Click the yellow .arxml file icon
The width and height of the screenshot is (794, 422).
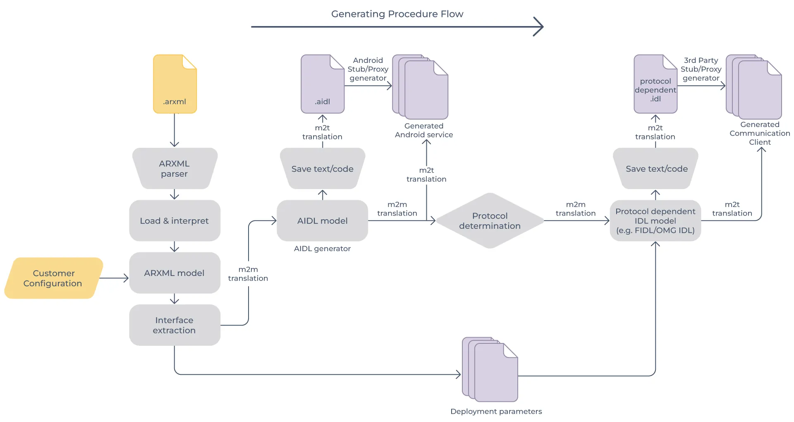[175, 84]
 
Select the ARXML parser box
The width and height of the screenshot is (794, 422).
[175, 168]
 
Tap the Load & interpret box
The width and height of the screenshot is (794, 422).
[175, 221]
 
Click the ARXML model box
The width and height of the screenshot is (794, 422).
[175, 273]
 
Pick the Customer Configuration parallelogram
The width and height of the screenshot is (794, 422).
[53, 278]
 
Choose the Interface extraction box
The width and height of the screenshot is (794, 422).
[175, 325]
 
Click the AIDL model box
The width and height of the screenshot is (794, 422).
[322, 221]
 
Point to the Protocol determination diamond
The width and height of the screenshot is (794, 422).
[490, 221]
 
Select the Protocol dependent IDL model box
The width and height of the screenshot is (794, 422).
[655, 221]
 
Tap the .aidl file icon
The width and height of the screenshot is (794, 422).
[323, 84]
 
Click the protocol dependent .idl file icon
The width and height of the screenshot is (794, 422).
[655, 84]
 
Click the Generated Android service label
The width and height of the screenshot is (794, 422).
[424, 130]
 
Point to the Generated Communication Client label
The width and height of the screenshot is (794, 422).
[760, 133]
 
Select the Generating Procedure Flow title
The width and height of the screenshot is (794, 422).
[397, 14]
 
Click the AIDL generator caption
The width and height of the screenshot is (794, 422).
[322, 249]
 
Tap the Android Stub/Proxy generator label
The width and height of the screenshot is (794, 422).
[368, 69]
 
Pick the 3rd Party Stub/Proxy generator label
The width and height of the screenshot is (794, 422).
[701, 69]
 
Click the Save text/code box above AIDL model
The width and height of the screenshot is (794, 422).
[323, 168]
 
